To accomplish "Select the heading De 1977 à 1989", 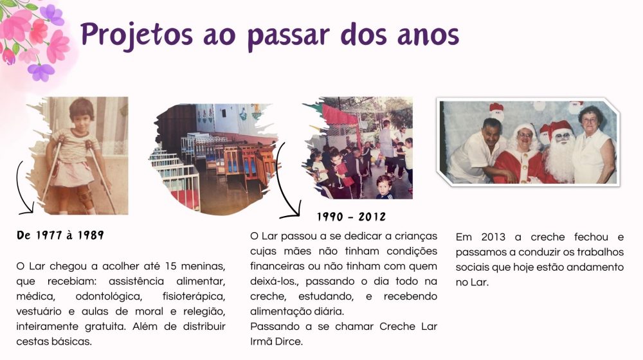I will [x=60, y=235].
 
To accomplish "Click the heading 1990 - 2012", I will [x=352, y=217].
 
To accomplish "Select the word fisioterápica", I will [x=194, y=296].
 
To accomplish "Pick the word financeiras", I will [x=280, y=266].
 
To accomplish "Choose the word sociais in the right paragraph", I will [x=476, y=267].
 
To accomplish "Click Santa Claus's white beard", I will [x=559, y=159].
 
